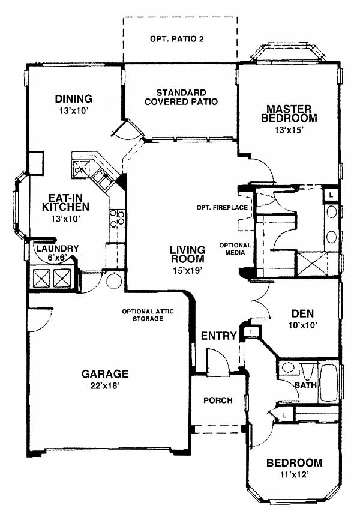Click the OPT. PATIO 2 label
pyautogui.click(x=176, y=39)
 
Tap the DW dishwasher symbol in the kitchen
pyautogui.click(x=80, y=169)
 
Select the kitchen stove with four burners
pyautogui.click(x=118, y=219)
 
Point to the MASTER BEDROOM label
pyautogui.click(x=289, y=113)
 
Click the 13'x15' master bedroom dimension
pyautogui.click(x=289, y=130)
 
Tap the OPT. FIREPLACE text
pyautogui.click(x=222, y=208)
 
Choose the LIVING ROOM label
pyautogui.click(x=188, y=254)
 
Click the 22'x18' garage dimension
pyautogui.click(x=105, y=385)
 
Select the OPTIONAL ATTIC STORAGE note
pyautogui.click(x=148, y=315)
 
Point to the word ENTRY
pyautogui.click(x=219, y=336)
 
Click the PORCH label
pyautogui.click(x=218, y=401)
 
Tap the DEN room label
pyautogui.click(x=302, y=313)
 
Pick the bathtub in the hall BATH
pyautogui.click(x=329, y=383)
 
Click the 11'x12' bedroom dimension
pyautogui.click(x=295, y=475)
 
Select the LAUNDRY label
pyautogui.click(x=58, y=249)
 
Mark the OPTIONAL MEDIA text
pyautogui.click(x=235, y=249)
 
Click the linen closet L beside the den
pyautogui.click(x=251, y=332)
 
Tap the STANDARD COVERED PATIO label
pyautogui.click(x=181, y=97)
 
